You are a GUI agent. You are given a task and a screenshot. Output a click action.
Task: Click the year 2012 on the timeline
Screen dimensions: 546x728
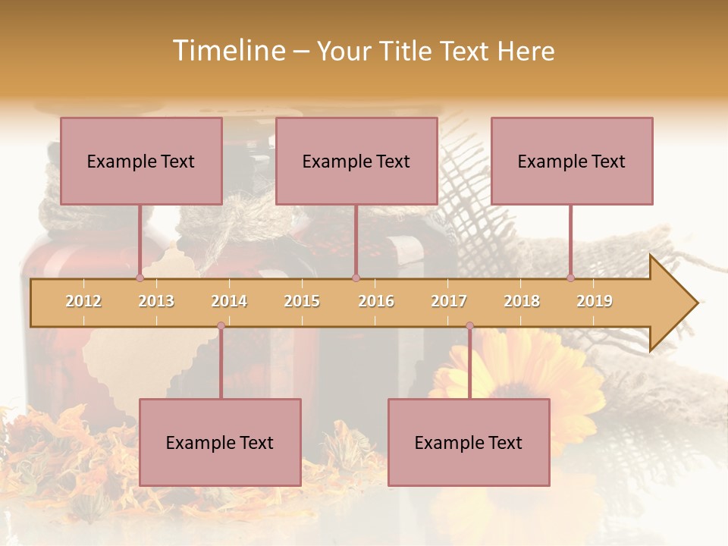(x=83, y=301)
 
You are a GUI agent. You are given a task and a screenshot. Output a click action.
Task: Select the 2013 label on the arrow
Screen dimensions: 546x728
(x=156, y=301)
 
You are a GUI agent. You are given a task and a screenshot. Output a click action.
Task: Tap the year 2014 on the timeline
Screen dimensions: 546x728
(x=229, y=301)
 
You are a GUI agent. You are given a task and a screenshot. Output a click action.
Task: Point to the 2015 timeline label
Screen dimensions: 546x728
(x=302, y=301)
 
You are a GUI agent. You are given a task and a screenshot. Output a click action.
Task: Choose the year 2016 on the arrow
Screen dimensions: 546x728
(x=376, y=301)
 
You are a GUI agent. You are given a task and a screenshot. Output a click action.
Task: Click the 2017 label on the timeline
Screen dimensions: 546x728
(x=449, y=301)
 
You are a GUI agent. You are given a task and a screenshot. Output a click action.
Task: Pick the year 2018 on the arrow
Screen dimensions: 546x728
(x=522, y=301)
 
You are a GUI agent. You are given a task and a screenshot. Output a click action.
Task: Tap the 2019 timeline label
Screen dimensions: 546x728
(x=595, y=301)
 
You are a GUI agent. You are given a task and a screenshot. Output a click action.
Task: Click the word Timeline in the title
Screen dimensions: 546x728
(x=227, y=51)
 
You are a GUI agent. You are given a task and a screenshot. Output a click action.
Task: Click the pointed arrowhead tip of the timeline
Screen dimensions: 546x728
(x=696, y=303)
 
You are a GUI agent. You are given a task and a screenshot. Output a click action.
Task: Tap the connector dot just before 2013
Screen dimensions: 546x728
(x=140, y=278)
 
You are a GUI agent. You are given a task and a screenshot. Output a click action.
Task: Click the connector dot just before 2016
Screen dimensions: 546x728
(x=356, y=278)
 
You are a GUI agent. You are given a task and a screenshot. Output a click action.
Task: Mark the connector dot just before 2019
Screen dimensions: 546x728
(x=570, y=278)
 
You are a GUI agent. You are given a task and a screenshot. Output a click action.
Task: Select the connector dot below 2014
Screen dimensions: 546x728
(x=221, y=326)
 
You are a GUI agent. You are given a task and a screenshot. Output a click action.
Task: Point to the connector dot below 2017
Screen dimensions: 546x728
(x=469, y=326)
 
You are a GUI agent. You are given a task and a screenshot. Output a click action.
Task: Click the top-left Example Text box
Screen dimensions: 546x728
(x=141, y=161)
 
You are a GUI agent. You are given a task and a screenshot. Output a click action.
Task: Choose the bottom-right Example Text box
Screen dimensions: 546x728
(x=469, y=442)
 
